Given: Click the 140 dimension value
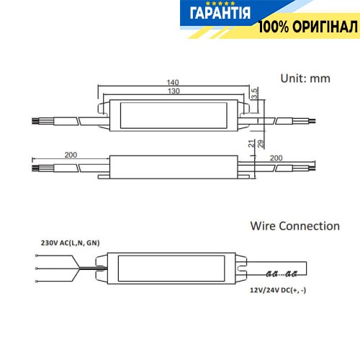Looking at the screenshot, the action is coord(173,82).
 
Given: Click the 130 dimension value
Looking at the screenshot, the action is coord(174,91).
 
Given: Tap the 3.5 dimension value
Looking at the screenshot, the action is coord(254,93).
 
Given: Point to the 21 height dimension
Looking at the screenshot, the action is coord(251,143).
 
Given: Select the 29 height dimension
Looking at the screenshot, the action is coord(261,143).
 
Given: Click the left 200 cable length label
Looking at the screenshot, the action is coord(71,155).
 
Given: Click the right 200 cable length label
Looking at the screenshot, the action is coord(276,158).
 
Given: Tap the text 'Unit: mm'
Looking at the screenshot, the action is coord(305,78).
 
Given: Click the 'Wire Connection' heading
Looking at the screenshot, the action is coord(295,226).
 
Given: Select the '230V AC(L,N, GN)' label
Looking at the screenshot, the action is coord(70,243).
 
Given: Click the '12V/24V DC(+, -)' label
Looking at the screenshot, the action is coord(278,290).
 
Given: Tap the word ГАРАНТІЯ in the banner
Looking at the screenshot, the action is coord(220,13).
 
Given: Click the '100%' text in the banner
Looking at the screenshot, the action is coord(274,27).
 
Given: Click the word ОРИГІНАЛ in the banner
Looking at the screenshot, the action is coord(325,27).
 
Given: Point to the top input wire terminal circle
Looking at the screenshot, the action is coord(36,256).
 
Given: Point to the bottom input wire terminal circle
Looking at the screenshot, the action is coord(36,282).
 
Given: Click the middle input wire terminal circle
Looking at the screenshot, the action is coord(36,269).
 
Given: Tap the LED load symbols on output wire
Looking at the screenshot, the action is coord(282,274).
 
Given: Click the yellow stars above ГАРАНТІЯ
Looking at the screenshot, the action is coord(220,4).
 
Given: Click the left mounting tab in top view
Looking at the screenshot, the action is coord(104,109).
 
